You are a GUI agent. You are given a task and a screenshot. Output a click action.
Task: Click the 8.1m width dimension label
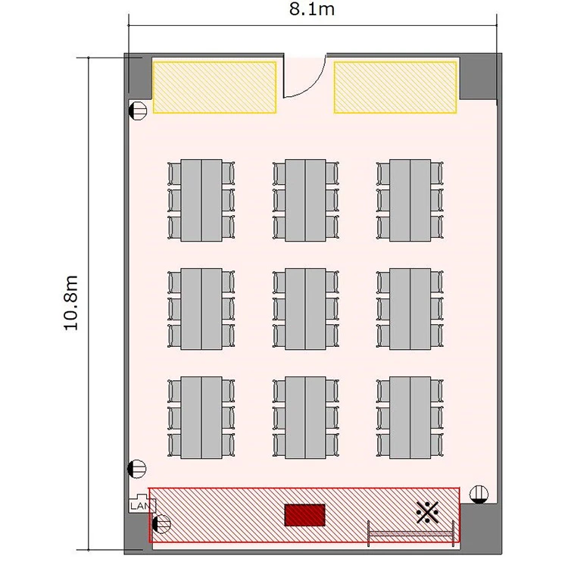[x=311, y=9]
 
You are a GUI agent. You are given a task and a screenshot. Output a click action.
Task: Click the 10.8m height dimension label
[x=70, y=303]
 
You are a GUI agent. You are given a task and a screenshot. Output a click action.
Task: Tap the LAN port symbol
[x=142, y=504]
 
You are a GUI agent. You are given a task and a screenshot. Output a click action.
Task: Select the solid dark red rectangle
[x=304, y=515]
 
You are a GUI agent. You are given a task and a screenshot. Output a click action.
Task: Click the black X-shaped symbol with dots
[x=427, y=512]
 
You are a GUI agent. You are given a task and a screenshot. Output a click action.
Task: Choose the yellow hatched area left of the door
[x=214, y=87]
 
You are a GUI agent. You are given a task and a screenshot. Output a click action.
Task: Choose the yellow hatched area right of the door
[x=395, y=87]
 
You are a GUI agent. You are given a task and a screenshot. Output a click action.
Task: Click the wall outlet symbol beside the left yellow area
[x=138, y=110]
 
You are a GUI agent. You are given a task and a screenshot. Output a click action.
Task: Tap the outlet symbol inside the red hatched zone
[x=161, y=524]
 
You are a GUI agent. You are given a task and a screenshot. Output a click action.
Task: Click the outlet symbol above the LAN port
[x=137, y=469]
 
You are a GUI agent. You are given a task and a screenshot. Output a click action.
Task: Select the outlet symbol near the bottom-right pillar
[x=479, y=495]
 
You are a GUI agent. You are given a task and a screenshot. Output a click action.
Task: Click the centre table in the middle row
[x=305, y=309]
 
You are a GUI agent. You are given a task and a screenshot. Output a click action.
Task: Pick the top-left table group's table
[x=201, y=201]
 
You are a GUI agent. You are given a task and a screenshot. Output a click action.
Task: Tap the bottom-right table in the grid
[x=410, y=417]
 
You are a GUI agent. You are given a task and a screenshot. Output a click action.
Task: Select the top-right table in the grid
[x=410, y=201]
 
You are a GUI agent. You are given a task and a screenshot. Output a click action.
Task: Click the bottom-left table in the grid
[x=201, y=417]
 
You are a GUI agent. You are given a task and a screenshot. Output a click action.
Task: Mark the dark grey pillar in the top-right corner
[x=478, y=77]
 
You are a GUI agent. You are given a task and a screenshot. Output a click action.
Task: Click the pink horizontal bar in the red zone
[x=410, y=533]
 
